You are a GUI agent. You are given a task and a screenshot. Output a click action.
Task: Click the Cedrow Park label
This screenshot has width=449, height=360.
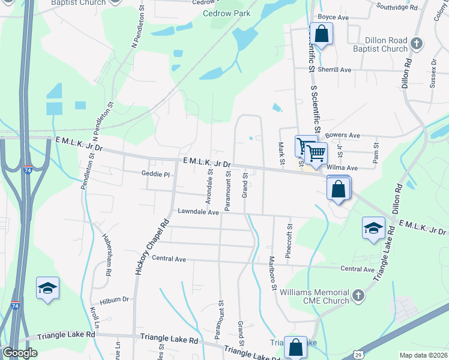(x=226, y=13)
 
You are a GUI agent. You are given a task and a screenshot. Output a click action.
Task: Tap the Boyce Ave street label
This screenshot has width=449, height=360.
(x=333, y=17)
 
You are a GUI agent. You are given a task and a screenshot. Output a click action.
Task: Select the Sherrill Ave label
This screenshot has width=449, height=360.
(x=334, y=70)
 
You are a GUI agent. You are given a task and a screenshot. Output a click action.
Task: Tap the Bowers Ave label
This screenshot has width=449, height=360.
(x=342, y=136)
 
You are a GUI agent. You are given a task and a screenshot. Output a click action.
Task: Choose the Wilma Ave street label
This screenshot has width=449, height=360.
(x=343, y=168)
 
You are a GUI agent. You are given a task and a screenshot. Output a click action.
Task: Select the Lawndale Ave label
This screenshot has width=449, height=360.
(x=198, y=212)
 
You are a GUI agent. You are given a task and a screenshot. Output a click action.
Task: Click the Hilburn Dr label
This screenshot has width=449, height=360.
(x=115, y=299)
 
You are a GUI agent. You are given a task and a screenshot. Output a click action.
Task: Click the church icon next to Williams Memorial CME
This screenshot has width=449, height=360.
(x=358, y=295)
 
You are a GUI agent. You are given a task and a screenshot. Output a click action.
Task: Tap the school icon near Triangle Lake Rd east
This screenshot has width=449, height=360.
(x=373, y=228)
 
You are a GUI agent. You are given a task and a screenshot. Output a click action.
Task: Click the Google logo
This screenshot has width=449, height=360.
(x=20, y=353)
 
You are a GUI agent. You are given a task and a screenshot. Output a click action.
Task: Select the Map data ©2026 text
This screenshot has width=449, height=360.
(x=423, y=355)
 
